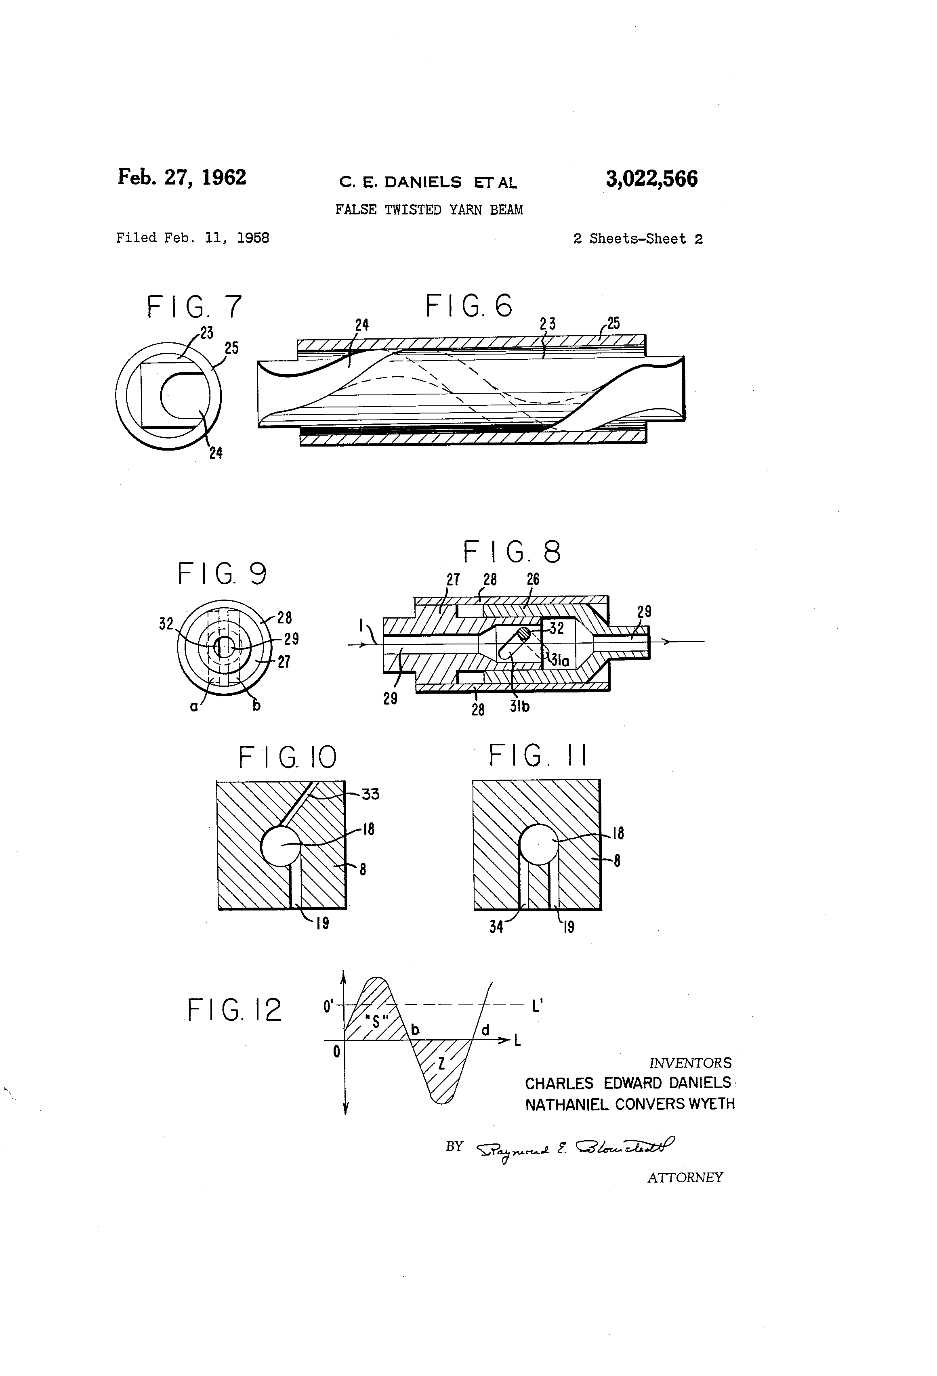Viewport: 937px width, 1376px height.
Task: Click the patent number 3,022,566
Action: (x=651, y=179)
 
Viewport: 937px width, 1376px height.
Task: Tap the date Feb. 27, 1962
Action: (x=182, y=177)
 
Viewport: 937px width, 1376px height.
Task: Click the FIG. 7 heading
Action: (x=194, y=307)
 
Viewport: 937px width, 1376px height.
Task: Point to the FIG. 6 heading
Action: (x=468, y=306)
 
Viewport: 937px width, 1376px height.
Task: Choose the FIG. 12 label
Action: (x=235, y=1010)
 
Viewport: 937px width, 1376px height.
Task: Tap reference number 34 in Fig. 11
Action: (x=496, y=927)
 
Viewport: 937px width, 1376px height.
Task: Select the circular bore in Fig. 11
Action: (x=538, y=844)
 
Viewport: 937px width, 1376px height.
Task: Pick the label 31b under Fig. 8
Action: (x=519, y=706)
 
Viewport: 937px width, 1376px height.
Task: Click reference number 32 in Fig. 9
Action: (x=166, y=623)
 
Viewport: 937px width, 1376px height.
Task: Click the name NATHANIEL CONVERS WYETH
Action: (x=630, y=1104)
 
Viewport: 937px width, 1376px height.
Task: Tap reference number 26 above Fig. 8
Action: (x=533, y=580)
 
